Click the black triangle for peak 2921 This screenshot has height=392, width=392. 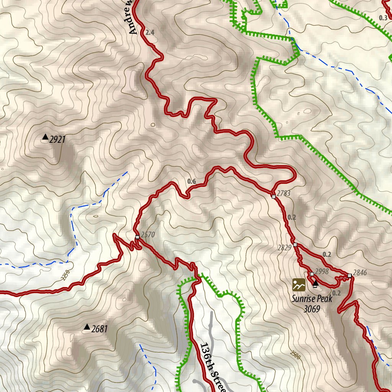45,137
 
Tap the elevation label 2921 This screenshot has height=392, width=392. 57,139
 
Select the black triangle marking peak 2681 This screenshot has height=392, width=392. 87,327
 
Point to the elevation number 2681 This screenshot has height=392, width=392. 100,329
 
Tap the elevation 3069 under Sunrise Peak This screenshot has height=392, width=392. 311,309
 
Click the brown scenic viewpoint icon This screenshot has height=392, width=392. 299,284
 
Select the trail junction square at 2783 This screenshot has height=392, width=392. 273,197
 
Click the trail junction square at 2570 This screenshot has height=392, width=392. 137,237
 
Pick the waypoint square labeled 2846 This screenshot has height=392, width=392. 350,276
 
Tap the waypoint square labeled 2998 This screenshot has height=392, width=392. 312,274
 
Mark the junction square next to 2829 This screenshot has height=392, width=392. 295,244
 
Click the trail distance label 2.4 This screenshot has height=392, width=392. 150,33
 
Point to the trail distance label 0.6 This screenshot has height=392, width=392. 192,181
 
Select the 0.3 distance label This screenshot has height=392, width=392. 383,18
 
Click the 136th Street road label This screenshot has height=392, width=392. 212,367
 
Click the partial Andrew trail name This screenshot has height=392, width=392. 131,17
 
